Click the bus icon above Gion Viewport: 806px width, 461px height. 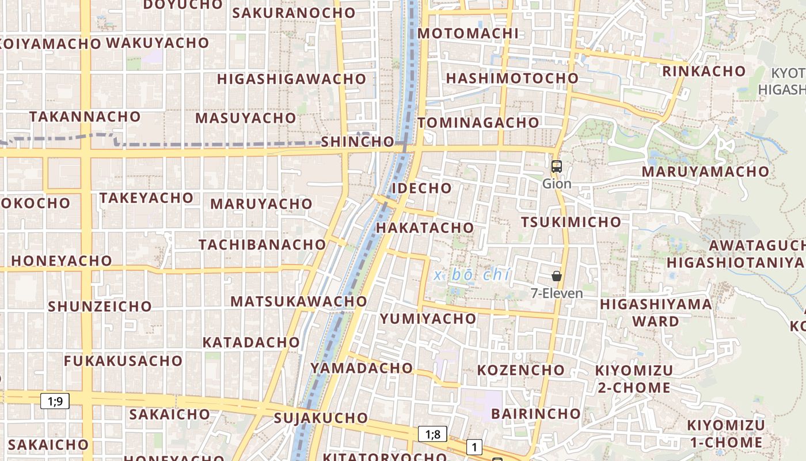click(556, 167)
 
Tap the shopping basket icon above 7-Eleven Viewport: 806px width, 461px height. click(556, 276)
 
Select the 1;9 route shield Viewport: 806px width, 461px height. click(55, 401)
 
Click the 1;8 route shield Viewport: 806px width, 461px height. click(433, 434)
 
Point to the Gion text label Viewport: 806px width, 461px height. click(557, 184)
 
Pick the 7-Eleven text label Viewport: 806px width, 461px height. click(557, 293)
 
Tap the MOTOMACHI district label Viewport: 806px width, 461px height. click(468, 33)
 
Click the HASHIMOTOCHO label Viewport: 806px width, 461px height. click(512, 78)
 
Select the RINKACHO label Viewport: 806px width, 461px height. click(704, 71)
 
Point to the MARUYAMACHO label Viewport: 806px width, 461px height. click(705, 172)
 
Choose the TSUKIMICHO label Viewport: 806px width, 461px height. click(571, 222)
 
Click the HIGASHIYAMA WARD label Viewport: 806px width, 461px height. click(656, 312)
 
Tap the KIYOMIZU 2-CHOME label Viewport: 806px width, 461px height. click(634, 379)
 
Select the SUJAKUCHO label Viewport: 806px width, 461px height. click(321, 418)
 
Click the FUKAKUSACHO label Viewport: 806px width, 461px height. click(123, 361)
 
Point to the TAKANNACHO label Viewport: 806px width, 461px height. click(85, 116)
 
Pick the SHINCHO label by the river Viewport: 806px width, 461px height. click(358, 142)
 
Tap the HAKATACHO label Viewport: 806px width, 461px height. click(425, 228)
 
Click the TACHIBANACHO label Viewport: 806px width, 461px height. click(263, 244)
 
